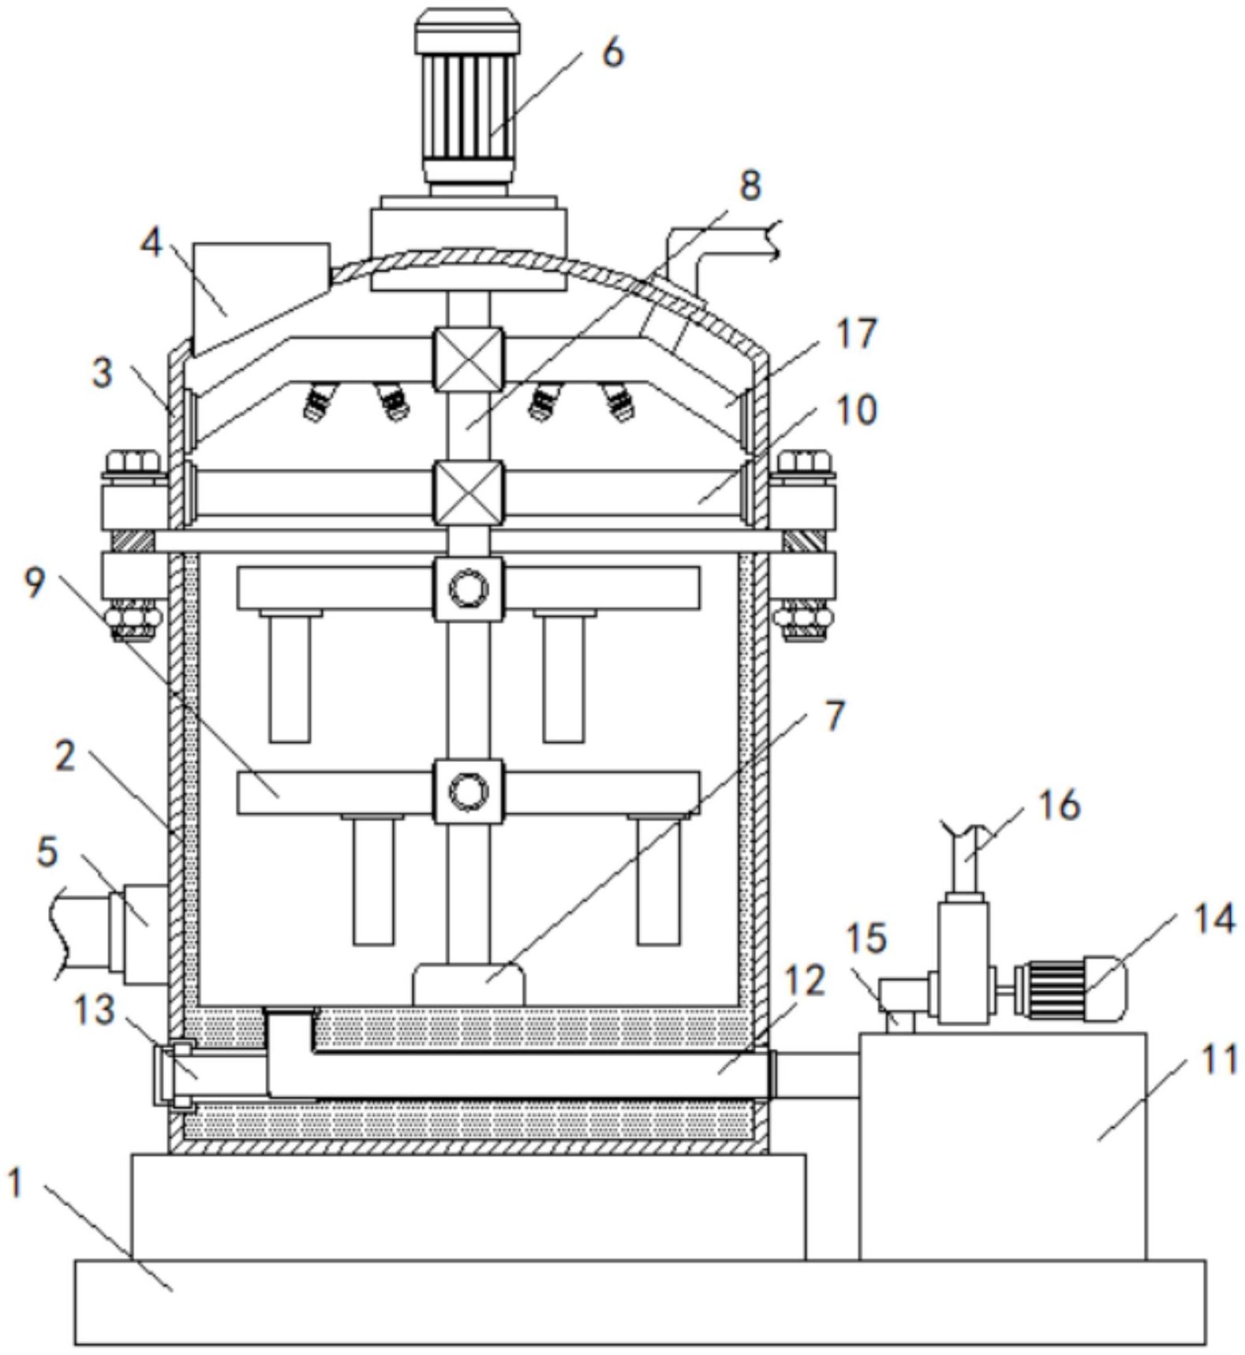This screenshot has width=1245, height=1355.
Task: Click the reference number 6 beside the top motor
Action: coord(612,53)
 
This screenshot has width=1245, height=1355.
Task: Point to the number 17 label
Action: coord(857,334)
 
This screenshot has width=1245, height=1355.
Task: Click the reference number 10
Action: coord(855,409)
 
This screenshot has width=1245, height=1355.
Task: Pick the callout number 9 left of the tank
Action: coord(34,583)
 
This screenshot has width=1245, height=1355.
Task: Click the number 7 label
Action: coord(834,715)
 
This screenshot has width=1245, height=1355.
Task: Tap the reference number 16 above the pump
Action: coord(1059,805)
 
